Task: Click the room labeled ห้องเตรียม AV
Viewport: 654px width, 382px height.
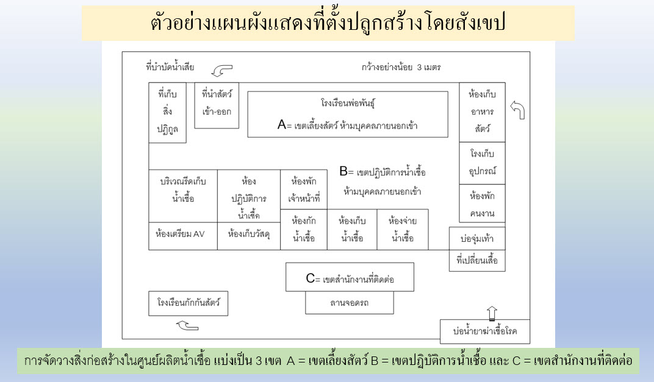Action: (x=182, y=236)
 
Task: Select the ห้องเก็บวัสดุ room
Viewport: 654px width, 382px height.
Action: (x=248, y=236)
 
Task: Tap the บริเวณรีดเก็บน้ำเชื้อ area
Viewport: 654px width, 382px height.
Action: (x=183, y=196)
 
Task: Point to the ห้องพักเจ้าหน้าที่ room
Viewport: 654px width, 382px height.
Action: (x=304, y=189)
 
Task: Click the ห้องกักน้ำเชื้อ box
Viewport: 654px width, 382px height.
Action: (x=304, y=230)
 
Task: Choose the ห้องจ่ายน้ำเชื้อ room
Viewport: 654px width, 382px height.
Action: (x=403, y=230)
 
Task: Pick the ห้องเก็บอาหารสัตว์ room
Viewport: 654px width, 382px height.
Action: (x=482, y=112)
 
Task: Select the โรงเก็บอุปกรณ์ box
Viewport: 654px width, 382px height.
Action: (x=482, y=163)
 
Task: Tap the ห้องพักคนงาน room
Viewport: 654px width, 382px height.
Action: (x=482, y=203)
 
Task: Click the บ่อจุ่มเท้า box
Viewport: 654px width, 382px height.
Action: (x=477, y=239)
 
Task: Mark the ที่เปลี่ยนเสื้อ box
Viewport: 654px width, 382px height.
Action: (x=477, y=261)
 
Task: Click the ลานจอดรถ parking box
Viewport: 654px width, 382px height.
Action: (x=350, y=303)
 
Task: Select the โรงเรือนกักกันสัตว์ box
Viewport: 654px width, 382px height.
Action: (x=188, y=303)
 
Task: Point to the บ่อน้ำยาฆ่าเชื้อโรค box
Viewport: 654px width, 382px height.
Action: (x=484, y=331)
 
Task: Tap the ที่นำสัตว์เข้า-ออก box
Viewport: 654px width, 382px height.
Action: (x=217, y=105)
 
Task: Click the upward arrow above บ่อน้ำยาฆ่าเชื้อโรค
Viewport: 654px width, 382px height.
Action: (x=492, y=313)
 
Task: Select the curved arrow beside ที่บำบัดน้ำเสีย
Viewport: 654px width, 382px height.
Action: (x=222, y=70)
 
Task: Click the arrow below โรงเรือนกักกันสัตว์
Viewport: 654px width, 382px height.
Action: (x=187, y=325)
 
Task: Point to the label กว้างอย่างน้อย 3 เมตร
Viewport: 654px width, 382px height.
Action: (x=401, y=67)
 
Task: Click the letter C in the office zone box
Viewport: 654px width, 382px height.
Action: (x=311, y=278)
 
